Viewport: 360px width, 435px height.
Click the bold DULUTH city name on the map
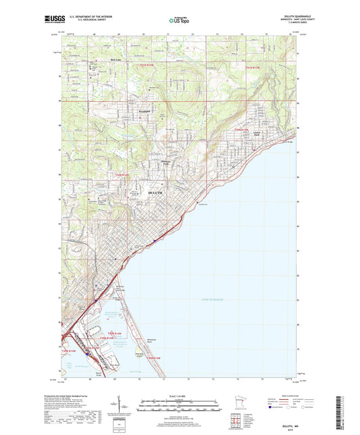155,193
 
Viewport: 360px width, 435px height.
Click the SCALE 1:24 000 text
179,395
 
